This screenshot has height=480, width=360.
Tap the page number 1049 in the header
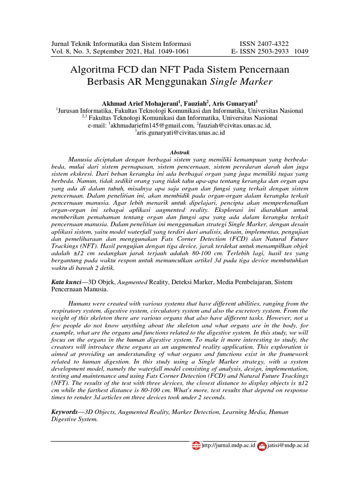(x=301, y=51)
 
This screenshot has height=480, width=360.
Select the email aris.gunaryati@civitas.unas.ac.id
(x=181, y=133)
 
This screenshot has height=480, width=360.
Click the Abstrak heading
(x=180, y=152)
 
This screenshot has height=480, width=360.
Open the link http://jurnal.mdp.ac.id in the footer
(x=228, y=445)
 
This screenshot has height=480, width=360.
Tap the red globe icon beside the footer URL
(x=196, y=445)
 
